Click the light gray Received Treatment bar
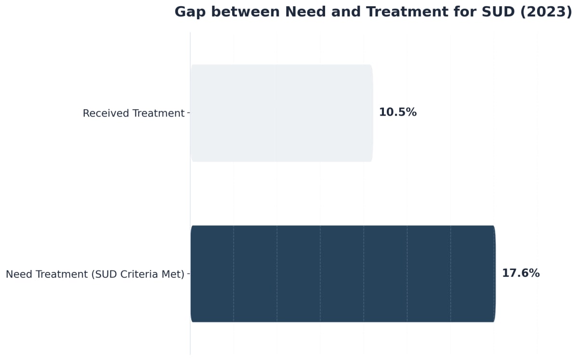[281, 113]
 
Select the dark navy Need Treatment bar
[342, 273]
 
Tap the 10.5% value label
[397, 113]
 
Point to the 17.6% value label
[521, 273]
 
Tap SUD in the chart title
[499, 12]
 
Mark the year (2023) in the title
[546, 12]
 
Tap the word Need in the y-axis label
[18, 274]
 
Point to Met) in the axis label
[174, 274]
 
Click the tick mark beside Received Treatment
[188, 113]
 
